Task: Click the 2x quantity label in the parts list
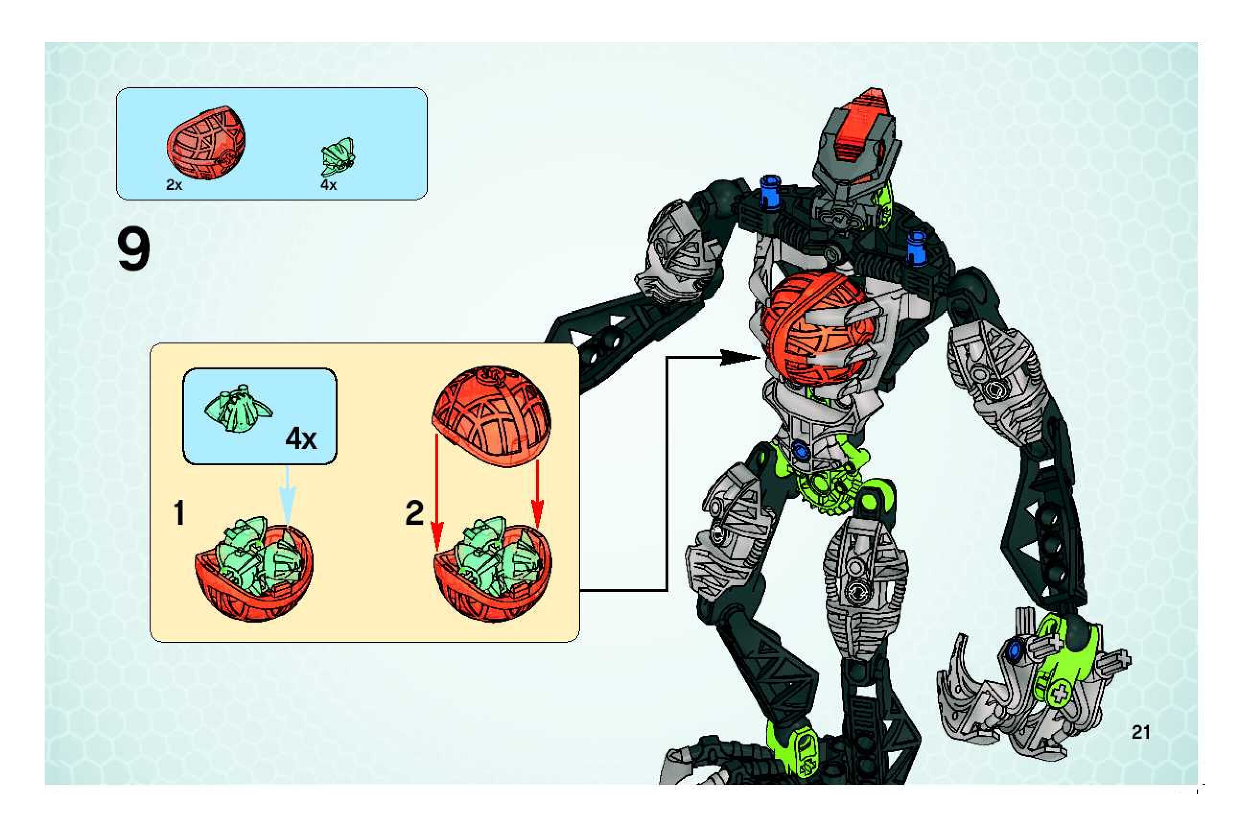point(174,185)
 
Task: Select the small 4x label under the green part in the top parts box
point(328,185)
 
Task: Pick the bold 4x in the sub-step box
point(301,439)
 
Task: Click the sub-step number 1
point(179,513)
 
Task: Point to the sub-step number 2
point(414,513)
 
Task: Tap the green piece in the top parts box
point(338,156)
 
